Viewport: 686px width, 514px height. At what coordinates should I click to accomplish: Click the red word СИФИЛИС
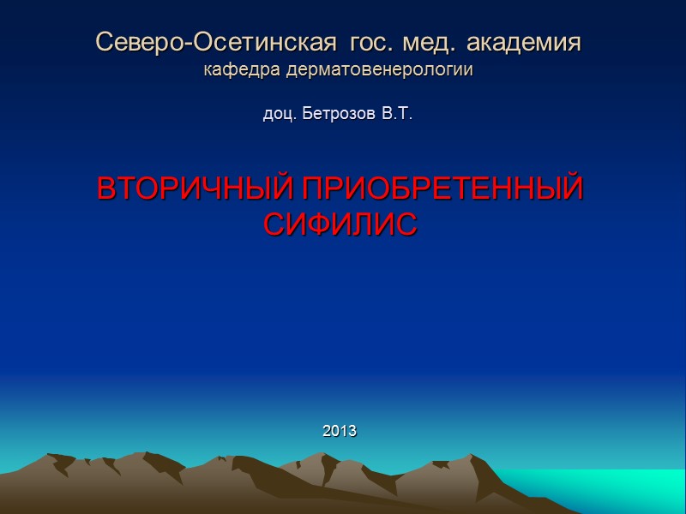pyautogui.click(x=340, y=224)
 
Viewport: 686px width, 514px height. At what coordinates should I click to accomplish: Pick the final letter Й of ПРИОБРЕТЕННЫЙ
pyautogui.click(x=572, y=188)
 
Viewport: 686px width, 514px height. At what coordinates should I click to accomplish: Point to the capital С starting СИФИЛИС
pyautogui.click(x=273, y=224)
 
